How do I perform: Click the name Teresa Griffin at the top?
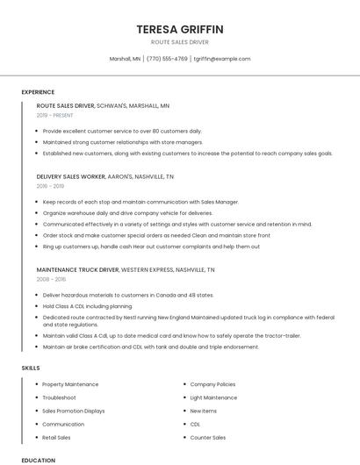coord(180,29)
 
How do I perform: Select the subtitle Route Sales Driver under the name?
coord(180,42)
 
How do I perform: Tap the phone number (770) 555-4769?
coord(167,59)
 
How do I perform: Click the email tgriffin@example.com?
coord(221,59)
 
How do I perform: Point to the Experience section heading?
coord(38,92)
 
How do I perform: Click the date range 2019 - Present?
coord(54,115)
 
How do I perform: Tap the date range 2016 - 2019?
coord(50,186)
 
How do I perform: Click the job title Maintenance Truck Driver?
coord(77,269)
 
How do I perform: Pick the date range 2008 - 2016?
coord(51,279)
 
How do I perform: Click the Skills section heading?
coord(31,368)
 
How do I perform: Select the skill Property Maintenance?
coord(70,384)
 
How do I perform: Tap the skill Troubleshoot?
coord(59,397)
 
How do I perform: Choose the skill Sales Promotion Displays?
coord(73,411)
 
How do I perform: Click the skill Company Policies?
coord(212,384)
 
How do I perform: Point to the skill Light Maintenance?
coord(213,397)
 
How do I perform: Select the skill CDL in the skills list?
coord(195,424)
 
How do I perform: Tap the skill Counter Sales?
coord(208,437)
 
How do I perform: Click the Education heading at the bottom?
coord(38,460)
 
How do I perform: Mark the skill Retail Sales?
coord(56,437)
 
